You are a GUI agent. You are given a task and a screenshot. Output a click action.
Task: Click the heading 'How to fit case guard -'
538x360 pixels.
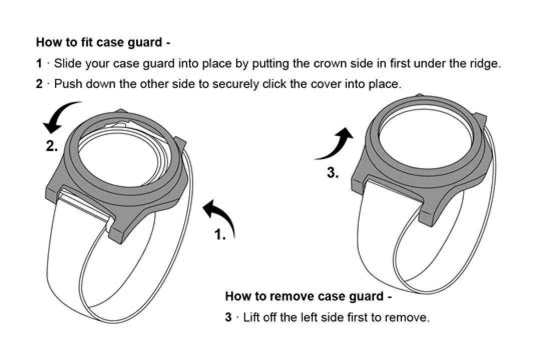(x=103, y=42)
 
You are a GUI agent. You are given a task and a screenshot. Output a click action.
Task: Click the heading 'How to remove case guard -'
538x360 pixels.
(x=308, y=296)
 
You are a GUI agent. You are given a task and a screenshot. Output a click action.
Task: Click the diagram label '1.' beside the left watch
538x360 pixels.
(x=220, y=234)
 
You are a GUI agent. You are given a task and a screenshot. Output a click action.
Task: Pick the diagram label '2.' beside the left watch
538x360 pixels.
(x=52, y=147)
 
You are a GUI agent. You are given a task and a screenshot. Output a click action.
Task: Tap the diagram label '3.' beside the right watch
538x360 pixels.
(x=333, y=173)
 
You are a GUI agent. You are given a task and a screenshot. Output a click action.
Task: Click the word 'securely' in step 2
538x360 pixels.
(x=235, y=83)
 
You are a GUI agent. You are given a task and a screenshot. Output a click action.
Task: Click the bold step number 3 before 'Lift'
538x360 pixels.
(x=228, y=317)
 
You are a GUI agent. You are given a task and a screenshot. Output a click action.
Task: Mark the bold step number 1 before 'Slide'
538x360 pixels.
(x=39, y=64)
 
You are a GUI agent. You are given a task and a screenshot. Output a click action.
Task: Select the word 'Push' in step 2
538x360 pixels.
(x=68, y=83)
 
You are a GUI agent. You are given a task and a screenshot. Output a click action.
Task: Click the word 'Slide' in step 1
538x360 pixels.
(x=68, y=64)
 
